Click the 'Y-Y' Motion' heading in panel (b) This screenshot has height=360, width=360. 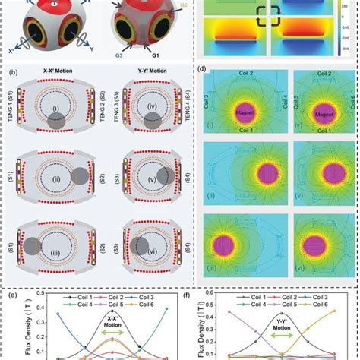point(144,77)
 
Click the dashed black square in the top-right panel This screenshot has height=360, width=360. point(270,16)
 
